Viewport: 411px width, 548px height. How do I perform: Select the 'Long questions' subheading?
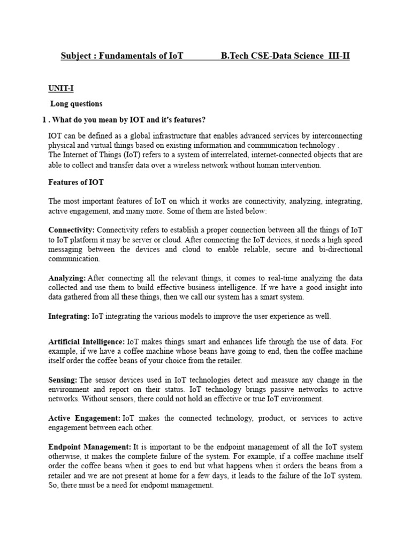(76, 103)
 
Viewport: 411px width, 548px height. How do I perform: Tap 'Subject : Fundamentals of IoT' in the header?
(122, 56)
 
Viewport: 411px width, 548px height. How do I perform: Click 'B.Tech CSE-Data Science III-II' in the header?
(285, 56)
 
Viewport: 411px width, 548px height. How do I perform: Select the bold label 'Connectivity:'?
(70, 230)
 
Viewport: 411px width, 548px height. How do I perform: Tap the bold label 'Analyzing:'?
(67, 278)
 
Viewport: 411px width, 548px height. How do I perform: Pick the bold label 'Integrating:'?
(69, 316)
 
